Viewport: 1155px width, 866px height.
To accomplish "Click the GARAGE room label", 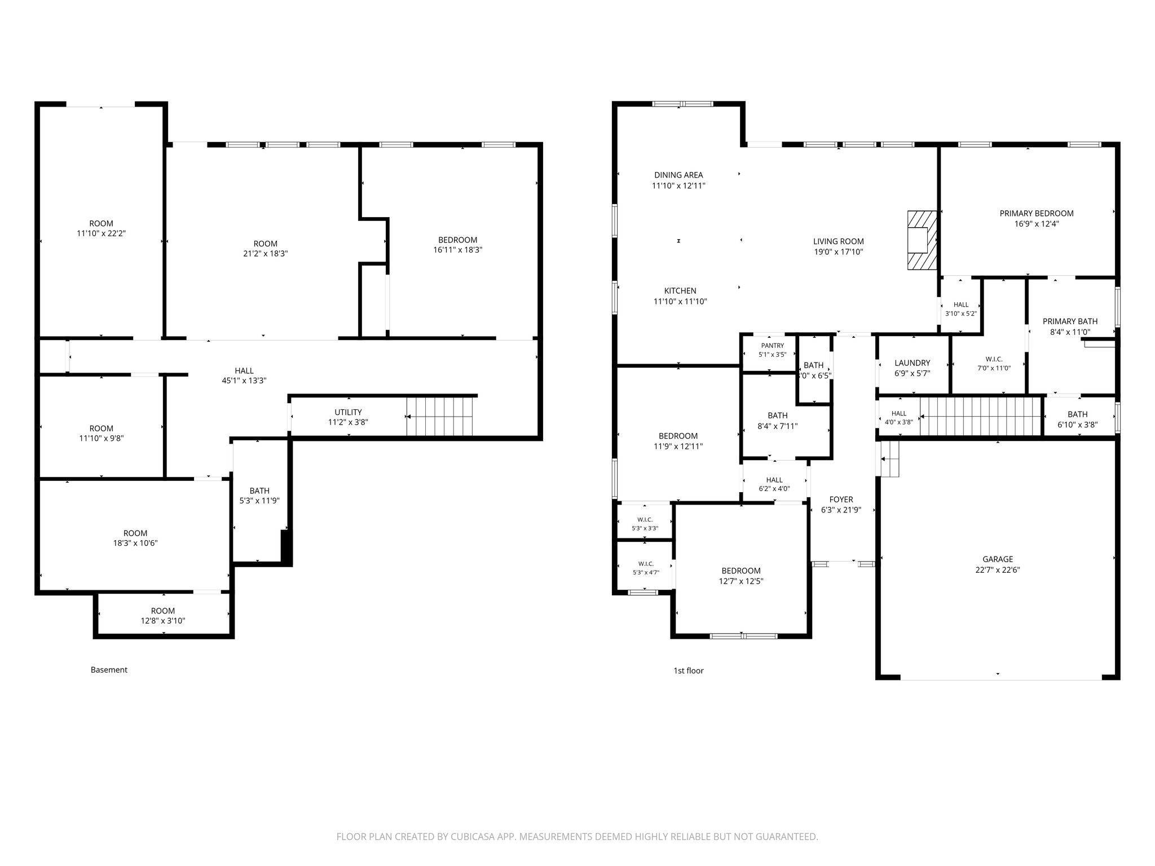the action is click(998, 559).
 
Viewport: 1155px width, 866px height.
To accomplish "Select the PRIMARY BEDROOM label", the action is click(1037, 213).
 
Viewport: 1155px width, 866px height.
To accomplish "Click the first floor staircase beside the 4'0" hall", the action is click(980, 417).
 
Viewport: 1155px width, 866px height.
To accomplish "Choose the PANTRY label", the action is click(773, 346).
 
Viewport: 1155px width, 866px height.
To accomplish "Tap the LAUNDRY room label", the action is click(912, 363).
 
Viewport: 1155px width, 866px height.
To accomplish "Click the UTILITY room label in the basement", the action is click(348, 412).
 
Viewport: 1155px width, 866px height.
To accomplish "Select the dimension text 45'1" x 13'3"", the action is click(244, 381).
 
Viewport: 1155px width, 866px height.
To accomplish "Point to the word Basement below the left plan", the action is click(109, 670).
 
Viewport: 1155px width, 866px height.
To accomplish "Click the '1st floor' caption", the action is click(689, 670).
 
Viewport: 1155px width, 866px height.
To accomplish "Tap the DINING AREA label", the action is click(678, 175).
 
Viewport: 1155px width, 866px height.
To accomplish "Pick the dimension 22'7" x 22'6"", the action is click(998, 569).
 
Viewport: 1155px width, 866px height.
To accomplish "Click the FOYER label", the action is click(841, 500).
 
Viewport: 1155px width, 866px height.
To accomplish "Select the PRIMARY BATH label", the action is click(1070, 321).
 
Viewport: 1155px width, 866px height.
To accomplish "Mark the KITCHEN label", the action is click(680, 291).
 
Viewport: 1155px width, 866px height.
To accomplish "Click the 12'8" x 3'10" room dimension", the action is click(163, 621).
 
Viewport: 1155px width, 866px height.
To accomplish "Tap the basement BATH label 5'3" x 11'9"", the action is click(259, 491).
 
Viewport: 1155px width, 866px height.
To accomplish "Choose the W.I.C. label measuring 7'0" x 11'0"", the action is click(994, 359).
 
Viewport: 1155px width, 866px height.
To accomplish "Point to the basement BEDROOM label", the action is click(457, 240).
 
